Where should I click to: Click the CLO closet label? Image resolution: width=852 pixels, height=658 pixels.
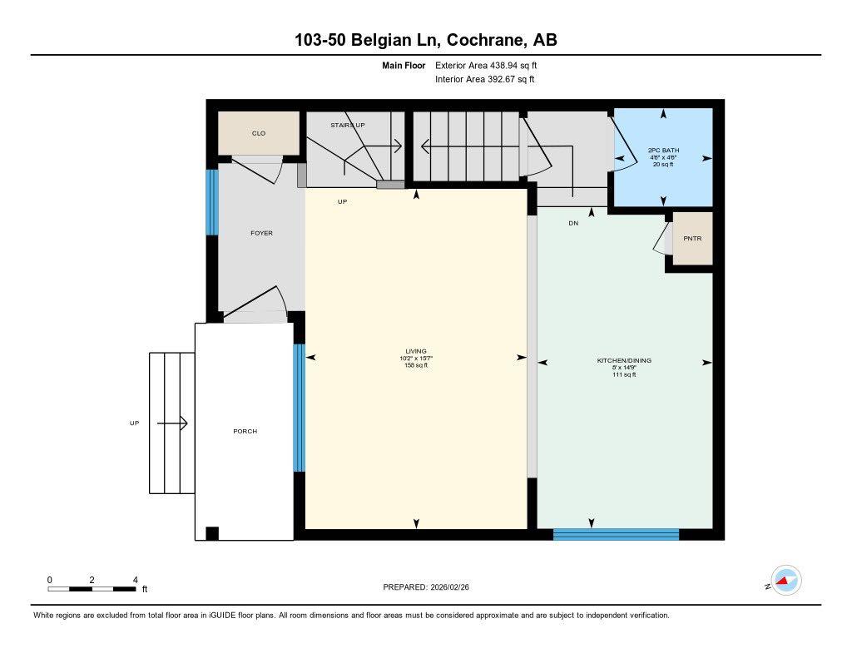[x=258, y=133]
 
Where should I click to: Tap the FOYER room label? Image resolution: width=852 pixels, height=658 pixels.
[x=261, y=233]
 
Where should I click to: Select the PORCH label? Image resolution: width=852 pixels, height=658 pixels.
[x=245, y=431]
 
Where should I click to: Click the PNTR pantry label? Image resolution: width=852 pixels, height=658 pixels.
[x=692, y=239]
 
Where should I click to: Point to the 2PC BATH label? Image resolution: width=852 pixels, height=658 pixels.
[x=663, y=151]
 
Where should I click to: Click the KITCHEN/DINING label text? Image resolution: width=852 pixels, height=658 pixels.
[x=624, y=360]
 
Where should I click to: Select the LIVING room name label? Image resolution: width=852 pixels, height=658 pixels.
[x=416, y=351]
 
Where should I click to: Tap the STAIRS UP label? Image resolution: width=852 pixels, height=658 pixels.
[x=347, y=125]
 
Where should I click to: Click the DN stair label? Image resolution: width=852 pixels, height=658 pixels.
[x=573, y=223]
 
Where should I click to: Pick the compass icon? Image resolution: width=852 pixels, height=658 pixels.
[x=785, y=581]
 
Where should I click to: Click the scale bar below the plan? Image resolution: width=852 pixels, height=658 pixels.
[x=92, y=589]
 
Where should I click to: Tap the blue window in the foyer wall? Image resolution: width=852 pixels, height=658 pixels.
[x=212, y=202]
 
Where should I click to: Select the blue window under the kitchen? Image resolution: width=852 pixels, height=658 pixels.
[x=616, y=534]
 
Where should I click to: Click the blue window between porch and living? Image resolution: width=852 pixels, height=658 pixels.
[x=300, y=408]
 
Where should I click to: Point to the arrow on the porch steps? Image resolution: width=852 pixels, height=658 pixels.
[x=172, y=423]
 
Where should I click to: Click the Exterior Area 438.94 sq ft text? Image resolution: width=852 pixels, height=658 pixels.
[x=492, y=65]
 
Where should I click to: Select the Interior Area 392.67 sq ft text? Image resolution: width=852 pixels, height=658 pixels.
[x=485, y=80]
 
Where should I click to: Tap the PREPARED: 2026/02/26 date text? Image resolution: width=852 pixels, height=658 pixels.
[x=431, y=586]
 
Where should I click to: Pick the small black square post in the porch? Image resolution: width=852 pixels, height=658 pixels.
[x=212, y=533]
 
